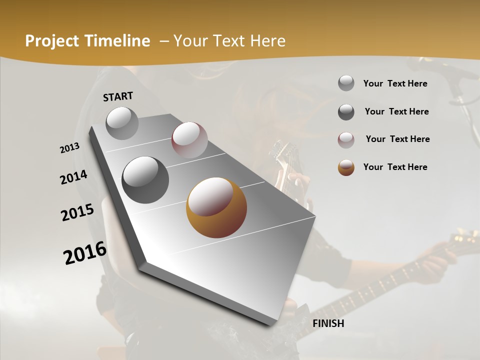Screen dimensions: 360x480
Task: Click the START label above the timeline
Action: pos(118,96)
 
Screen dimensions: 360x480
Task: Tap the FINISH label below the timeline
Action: pos(328,323)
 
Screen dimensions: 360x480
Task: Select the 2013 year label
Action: pos(70,148)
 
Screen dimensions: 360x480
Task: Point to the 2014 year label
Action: pos(74,177)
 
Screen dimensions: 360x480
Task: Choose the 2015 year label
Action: pos(77,212)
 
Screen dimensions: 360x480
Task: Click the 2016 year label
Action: pos(85,252)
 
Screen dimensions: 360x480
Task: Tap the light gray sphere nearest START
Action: pos(122,123)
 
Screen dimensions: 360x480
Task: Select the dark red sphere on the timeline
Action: pos(189,140)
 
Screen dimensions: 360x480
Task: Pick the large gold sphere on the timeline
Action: pos(216,207)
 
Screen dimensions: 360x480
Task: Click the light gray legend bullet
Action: pos(346,83)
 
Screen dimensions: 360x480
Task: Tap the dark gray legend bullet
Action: pos(346,112)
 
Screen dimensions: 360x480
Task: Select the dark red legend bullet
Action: pos(346,140)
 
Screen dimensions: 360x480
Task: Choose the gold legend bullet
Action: pos(346,167)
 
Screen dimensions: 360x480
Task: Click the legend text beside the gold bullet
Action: pos(395,167)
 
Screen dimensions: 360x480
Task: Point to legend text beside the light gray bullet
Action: pos(395,83)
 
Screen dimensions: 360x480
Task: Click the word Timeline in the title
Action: pos(118,41)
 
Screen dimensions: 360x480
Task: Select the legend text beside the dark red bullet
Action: pos(397,139)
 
